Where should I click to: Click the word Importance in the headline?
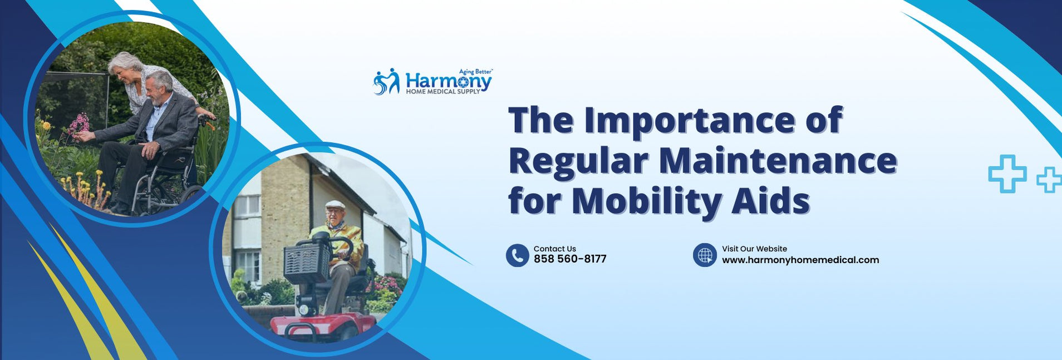coord(689,121)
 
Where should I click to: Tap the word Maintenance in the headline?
coord(778,161)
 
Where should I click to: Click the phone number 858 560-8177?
coord(569,259)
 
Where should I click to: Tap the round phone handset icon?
coord(517,255)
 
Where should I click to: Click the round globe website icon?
coord(705,255)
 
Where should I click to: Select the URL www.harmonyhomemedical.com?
coord(800,260)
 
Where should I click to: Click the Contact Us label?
coord(554,249)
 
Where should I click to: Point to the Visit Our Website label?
coord(754,249)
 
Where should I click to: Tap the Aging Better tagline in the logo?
coord(475,72)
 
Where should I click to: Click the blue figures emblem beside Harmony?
coord(386,82)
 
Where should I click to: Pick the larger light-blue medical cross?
coord(1007,174)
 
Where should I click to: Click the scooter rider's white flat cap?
coord(335,204)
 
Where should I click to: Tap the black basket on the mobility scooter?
coord(307,262)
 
